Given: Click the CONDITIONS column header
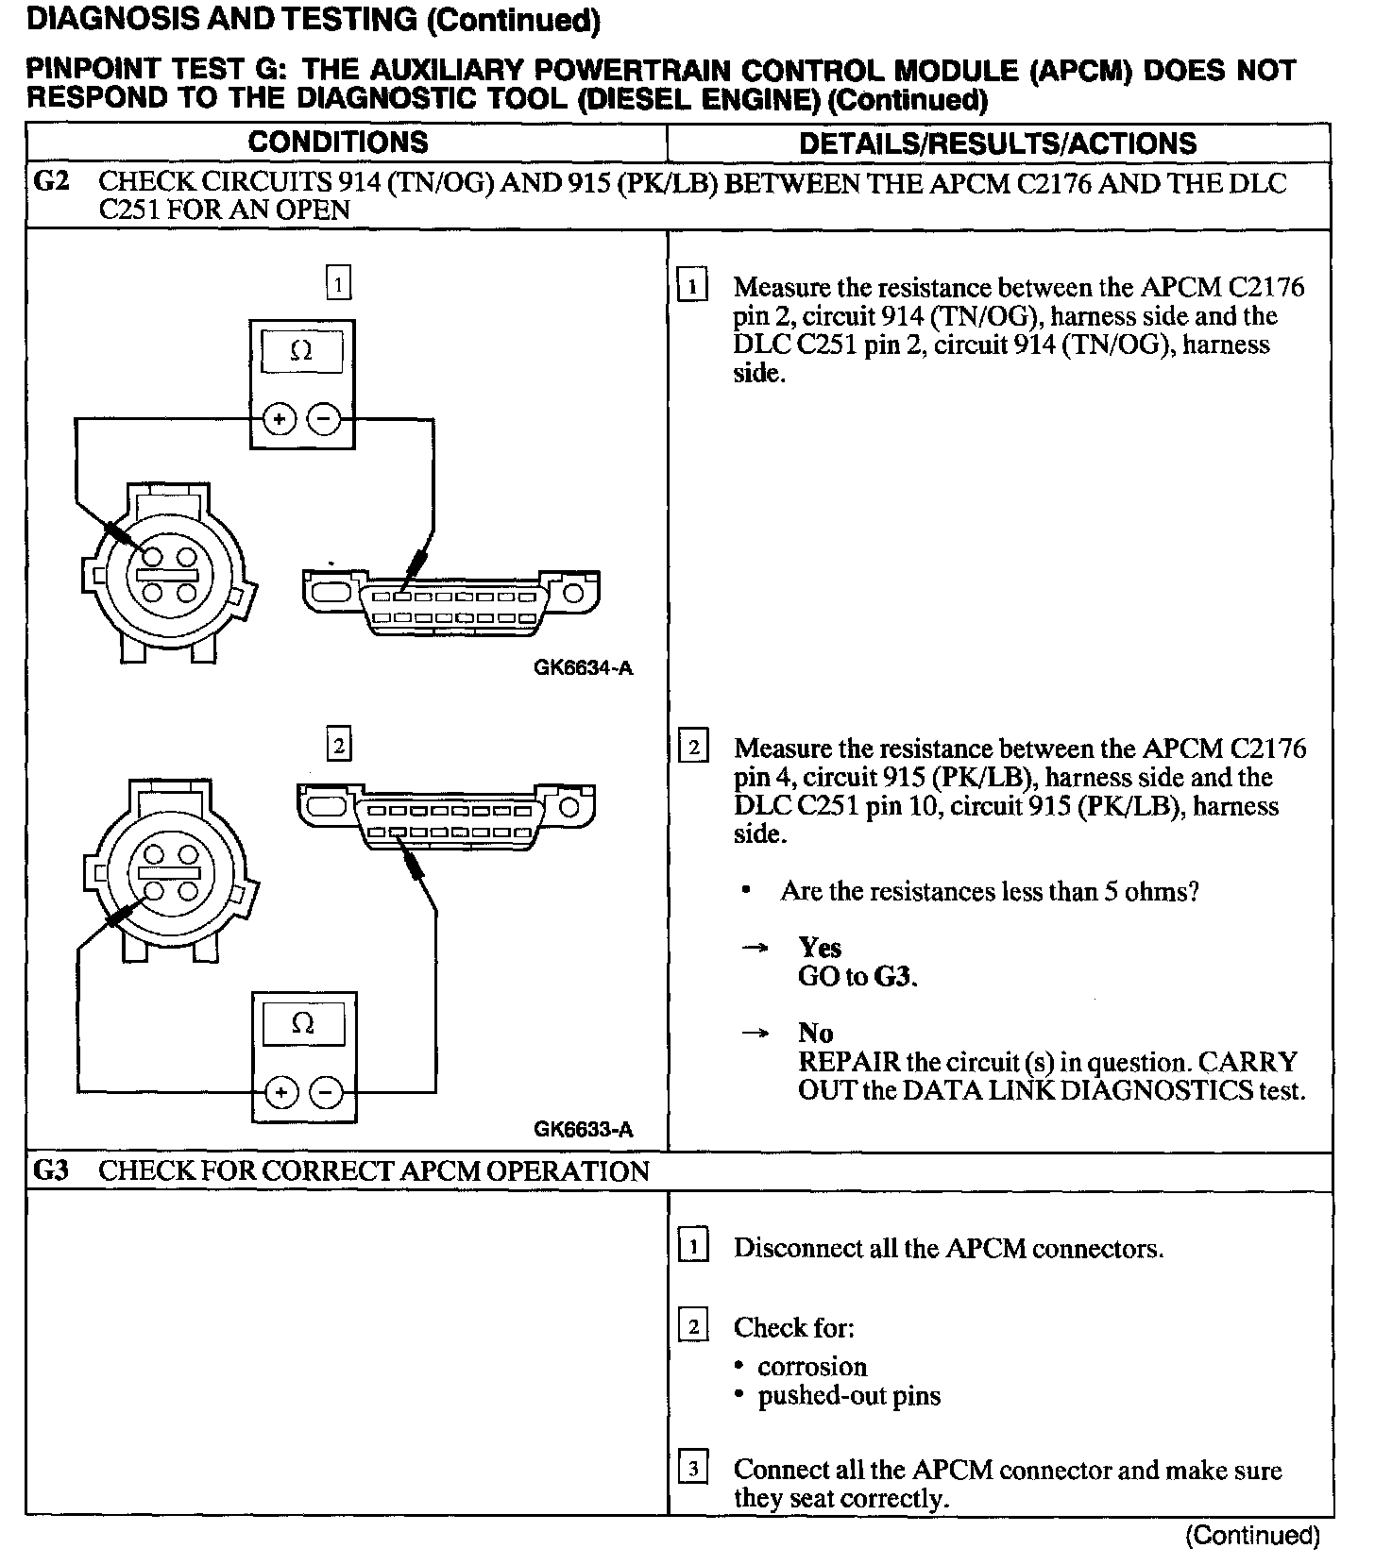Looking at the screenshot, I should click(x=338, y=143).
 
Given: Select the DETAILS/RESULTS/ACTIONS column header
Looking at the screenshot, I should click(x=997, y=143).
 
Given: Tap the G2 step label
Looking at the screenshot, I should click(x=51, y=181).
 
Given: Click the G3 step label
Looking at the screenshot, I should click(x=51, y=1170).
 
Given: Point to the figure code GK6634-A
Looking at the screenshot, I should click(x=583, y=668).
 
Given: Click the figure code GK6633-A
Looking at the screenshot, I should click(x=583, y=1130).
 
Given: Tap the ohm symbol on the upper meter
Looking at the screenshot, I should click(x=301, y=351).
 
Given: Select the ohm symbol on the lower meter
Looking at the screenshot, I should click(x=302, y=1024).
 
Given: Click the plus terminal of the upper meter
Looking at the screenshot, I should click(x=280, y=418).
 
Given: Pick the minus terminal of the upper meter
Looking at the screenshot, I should click(x=325, y=418).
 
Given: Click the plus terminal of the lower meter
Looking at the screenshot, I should click(x=280, y=1093).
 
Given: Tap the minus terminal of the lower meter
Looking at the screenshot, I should click(x=326, y=1093).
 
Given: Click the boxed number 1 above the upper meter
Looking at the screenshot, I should click(x=338, y=283).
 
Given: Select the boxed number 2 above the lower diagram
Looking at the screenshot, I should click(x=338, y=746).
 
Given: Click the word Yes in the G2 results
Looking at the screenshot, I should click(x=819, y=947).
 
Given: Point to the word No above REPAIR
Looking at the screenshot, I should click(x=815, y=1033).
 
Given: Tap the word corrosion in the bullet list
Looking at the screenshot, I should click(x=811, y=1367).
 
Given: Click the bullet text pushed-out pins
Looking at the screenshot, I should click(x=849, y=1396).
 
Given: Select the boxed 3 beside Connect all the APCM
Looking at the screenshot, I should click(x=693, y=1469).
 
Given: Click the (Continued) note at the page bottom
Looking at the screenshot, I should click(x=1251, y=1537).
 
